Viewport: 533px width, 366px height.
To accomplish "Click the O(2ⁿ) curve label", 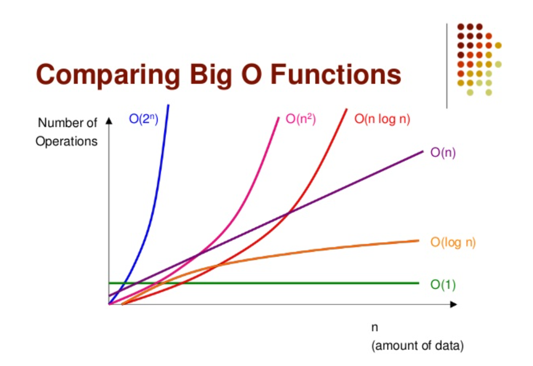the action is click(143, 119).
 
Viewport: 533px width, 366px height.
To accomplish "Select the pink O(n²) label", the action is click(301, 119).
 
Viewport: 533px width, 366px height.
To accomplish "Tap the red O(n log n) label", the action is click(382, 119).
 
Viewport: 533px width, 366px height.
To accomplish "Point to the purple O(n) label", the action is click(443, 153).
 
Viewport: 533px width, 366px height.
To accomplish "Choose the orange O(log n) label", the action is click(453, 242).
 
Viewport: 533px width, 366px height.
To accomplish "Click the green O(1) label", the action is click(443, 284).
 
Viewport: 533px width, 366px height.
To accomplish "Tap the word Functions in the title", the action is click(336, 74).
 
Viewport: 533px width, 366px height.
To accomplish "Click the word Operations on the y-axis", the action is click(67, 141).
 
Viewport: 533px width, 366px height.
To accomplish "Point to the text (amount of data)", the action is click(417, 346).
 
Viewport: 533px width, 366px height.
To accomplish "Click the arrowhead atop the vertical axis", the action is click(109, 121).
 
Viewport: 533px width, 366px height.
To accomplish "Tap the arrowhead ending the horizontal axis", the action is click(454, 304).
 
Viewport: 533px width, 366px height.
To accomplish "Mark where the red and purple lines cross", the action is click(288, 213).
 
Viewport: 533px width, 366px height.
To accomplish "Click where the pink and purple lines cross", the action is click(198, 254).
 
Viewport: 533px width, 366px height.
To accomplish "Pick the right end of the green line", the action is click(418, 283).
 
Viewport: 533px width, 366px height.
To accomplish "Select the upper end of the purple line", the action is click(423, 152).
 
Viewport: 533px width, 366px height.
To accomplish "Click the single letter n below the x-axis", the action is click(375, 328).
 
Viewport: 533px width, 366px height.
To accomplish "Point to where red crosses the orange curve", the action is click(217, 266).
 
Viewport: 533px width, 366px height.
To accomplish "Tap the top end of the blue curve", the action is click(168, 105).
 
